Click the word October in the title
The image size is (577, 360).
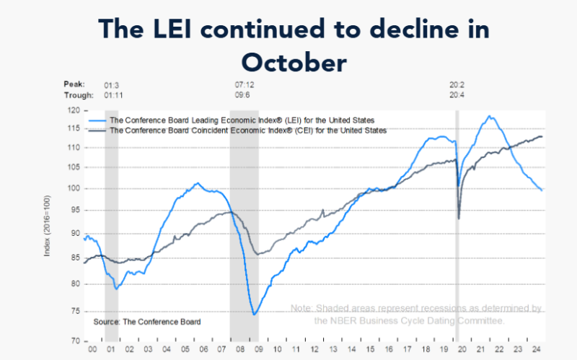pos(294,62)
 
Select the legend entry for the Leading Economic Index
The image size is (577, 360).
pos(242,119)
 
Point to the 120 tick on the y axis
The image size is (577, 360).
pos(71,111)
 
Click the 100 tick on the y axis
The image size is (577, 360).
pos(71,189)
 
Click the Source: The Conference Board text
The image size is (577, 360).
pos(147,321)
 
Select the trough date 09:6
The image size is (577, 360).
pos(236,95)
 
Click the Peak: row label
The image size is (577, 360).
pos(74,84)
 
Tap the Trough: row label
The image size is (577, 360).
pos(79,95)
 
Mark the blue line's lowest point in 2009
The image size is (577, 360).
pos(255,315)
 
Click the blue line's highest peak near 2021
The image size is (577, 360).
pos(490,115)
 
